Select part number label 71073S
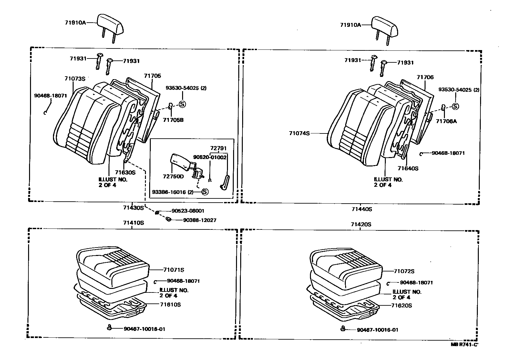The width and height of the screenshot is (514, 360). [x=75, y=79]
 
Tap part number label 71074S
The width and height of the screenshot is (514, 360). [x=299, y=133]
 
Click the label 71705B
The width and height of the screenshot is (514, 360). [x=173, y=120]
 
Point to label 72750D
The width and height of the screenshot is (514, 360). [x=173, y=176]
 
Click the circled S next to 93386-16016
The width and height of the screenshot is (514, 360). [x=205, y=192]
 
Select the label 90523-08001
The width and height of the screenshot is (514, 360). [x=188, y=211]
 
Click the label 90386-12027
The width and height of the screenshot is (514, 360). [x=200, y=220]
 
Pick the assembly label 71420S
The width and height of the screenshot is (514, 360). [x=361, y=224]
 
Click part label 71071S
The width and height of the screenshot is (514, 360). [x=174, y=270]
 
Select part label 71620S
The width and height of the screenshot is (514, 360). [x=401, y=305]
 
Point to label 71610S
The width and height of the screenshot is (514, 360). [x=170, y=304]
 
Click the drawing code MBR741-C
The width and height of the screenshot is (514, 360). [x=464, y=344]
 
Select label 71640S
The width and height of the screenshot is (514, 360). [x=408, y=168]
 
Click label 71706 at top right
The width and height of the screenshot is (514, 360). [x=425, y=77]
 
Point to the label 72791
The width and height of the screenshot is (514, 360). [x=219, y=148]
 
